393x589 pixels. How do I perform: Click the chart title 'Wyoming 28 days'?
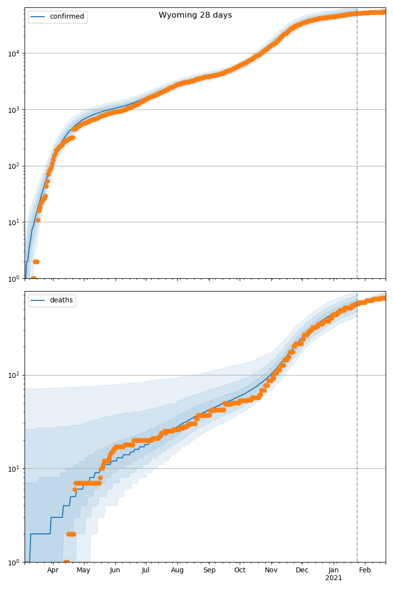click(195, 15)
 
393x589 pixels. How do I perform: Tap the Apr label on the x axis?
click(53, 570)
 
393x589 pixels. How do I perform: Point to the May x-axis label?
click(84, 570)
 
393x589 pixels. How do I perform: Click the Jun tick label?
click(115, 570)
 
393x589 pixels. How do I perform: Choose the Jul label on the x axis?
click(145, 570)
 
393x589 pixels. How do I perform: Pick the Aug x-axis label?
click(177, 570)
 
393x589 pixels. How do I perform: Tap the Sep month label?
click(209, 570)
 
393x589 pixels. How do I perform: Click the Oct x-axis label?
click(240, 570)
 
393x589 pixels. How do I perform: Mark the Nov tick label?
click(271, 570)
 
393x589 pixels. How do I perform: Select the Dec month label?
click(302, 570)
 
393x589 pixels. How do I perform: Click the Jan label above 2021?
click(334, 570)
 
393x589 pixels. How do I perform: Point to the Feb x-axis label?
click(365, 570)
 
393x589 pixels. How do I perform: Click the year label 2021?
click(334, 578)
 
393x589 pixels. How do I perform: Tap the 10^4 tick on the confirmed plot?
click(13, 53)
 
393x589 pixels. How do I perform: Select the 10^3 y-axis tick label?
click(13, 109)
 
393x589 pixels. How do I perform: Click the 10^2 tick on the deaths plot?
click(13, 375)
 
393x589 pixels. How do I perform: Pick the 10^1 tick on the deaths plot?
click(13, 468)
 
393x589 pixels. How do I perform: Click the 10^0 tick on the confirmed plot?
click(13, 278)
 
